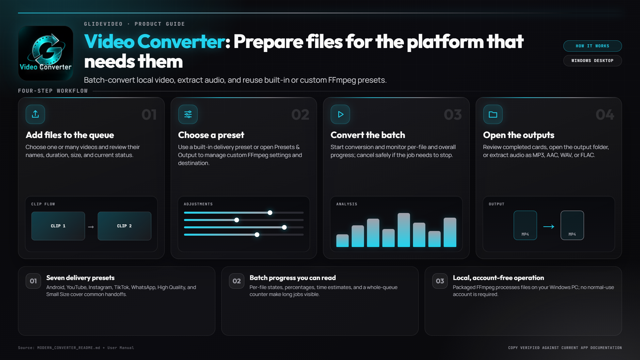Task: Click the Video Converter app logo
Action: click(46, 53)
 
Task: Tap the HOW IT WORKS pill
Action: click(592, 46)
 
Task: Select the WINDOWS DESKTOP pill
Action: click(592, 61)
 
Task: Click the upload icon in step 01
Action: click(35, 114)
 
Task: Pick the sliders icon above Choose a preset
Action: click(188, 114)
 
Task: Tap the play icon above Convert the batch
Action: click(340, 114)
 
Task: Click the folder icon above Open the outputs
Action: click(493, 114)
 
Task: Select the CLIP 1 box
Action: click(58, 226)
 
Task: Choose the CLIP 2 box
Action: click(124, 226)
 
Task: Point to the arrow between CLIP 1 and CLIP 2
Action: click(91, 227)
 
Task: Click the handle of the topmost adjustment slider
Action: click(270, 213)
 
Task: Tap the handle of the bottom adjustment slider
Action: click(257, 235)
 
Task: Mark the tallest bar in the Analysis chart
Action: click(404, 230)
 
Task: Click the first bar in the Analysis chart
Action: click(342, 241)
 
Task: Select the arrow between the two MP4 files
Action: click(549, 227)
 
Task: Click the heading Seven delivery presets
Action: click(80, 278)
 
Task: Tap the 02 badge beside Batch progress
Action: click(237, 281)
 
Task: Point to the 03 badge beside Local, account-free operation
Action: click(440, 281)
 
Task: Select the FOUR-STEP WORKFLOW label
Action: click(53, 91)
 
